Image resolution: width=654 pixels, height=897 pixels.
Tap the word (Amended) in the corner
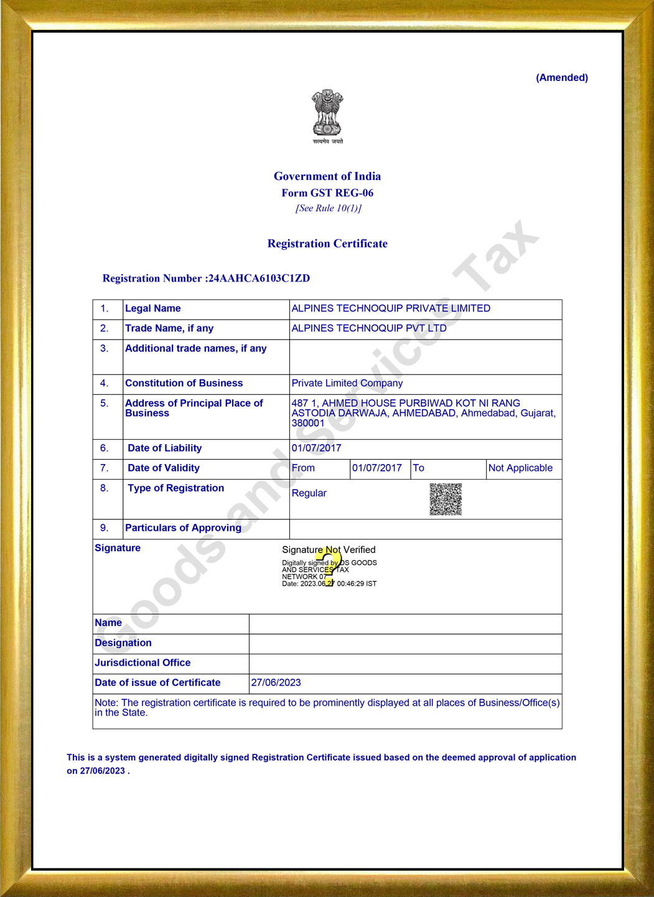tap(561, 78)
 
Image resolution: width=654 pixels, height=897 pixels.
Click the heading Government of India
tap(327, 176)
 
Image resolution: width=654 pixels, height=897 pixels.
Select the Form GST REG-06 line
tap(327, 193)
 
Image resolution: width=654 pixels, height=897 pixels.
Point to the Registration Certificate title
tap(327, 244)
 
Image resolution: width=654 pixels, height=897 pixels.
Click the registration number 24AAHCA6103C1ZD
tap(259, 278)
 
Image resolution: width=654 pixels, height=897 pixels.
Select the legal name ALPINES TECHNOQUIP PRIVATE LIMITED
tap(391, 308)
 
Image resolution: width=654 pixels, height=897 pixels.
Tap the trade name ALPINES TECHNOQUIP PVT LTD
tap(369, 328)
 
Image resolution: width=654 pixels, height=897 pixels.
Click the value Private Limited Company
tap(347, 383)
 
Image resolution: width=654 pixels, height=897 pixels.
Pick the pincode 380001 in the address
tap(308, 424)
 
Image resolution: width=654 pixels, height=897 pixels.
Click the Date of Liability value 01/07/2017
tap(316, 448)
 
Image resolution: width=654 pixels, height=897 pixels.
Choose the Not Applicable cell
tap(520, 468)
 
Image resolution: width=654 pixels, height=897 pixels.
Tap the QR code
tap(446, 499)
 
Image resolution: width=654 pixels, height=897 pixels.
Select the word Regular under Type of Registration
tap(309, 493)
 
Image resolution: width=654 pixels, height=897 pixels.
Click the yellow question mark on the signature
tap(328, 568)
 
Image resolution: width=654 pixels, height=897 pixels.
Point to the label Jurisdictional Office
tap(142, 663)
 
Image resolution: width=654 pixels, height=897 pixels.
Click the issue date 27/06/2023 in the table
tap(276, 683)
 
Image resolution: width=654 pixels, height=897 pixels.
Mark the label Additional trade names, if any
tap(195, 348)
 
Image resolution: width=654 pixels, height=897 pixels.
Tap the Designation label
tap(123, 643)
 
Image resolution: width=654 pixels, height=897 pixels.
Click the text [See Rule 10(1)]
tap(328, 208)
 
